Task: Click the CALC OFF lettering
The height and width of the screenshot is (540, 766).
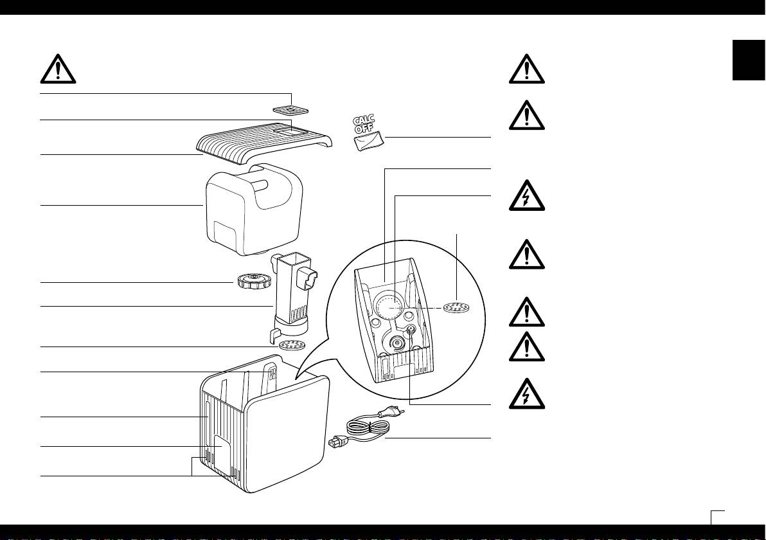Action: (x=364, y=124)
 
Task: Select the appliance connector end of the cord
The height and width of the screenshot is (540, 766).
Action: (x=337, y=442)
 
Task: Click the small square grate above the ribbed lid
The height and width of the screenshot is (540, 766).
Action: (x=290, y=110)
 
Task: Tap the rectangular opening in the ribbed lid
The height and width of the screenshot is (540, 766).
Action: (x=290, y=131)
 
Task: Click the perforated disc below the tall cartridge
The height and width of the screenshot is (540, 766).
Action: (x=292, y=345)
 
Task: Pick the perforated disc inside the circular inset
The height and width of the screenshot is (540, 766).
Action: (x=457, y=308)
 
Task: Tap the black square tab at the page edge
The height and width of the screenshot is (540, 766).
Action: (x=749, y=60)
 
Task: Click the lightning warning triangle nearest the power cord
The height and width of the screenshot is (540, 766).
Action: (x=527, y=394)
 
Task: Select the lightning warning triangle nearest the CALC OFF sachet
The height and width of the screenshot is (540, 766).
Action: (x=527, y=196)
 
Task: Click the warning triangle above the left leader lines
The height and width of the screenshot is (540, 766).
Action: (x=58, y=69)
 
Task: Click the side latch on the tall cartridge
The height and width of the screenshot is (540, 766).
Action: (x=309, y=278)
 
